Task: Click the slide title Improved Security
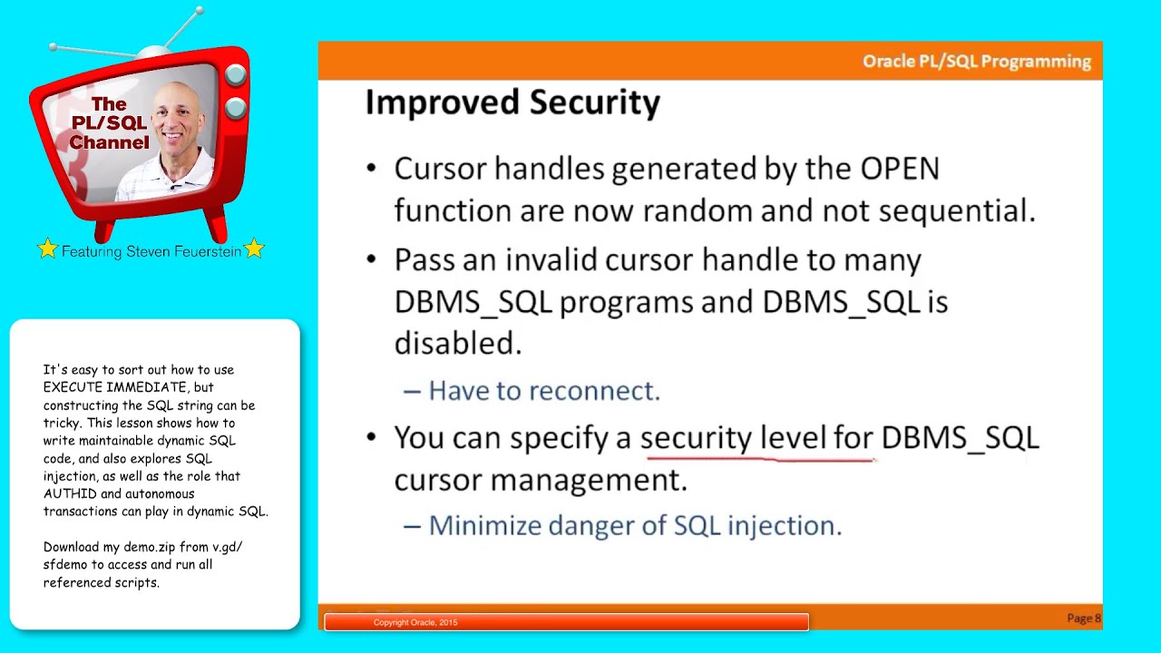tap(512, 102)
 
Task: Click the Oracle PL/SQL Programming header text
tap(976, 62)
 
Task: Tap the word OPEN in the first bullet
tap(899, 169)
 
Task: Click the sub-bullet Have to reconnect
tap(543, 391)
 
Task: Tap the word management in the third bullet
tap(588, 480)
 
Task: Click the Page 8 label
tap(1083, 619)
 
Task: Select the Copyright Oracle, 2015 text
tap(415, 623)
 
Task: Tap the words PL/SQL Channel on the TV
tap(109, 133)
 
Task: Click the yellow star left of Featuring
tap(47, 249)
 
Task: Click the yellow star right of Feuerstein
tap(254, 249)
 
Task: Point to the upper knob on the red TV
tap(234, 76)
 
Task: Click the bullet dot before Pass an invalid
tap(371, 260)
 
